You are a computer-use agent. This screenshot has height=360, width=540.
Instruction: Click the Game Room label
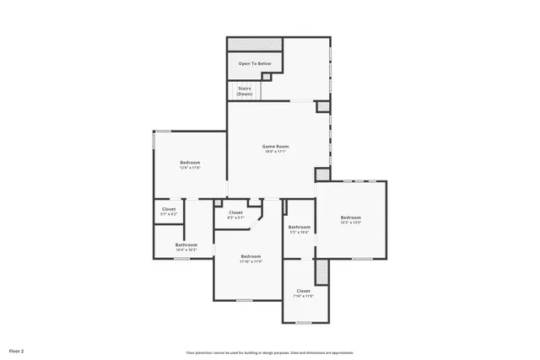pos(276,147)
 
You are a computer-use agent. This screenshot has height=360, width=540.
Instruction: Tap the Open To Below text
pos(254,64)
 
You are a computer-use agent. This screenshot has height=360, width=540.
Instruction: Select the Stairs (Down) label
pos(244,90)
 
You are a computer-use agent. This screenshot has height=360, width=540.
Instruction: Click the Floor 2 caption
pos(17,350)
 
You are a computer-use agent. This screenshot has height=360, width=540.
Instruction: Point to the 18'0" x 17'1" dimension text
pos(276,152)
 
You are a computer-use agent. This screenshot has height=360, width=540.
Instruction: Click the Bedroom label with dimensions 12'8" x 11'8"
pos(190,162)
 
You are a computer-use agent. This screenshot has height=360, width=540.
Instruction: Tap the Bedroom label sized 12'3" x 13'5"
pos(350,218)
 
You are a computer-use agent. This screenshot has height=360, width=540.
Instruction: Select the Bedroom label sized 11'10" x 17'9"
pos(251,255)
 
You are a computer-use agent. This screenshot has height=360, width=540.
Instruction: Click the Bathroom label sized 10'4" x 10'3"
pos(186,244)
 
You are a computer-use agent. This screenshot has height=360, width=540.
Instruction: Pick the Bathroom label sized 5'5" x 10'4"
pos(300,227)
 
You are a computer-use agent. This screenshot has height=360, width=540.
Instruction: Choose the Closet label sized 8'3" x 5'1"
pos(235,212)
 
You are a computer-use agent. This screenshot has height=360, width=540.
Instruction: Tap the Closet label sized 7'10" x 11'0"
pos(303,291)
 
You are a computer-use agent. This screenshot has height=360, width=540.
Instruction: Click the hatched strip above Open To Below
pos(254,44)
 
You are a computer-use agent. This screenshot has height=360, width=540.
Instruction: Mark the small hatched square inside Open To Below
pos(267,77)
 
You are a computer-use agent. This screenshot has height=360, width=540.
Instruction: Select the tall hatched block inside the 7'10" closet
pos(321,271)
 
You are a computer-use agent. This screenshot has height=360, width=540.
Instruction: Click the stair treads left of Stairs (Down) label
pos(231,90)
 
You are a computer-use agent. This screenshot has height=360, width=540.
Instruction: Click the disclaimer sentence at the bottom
pos(269,352)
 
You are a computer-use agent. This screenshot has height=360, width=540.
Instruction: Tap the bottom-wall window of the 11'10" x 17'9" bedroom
pos(245,300)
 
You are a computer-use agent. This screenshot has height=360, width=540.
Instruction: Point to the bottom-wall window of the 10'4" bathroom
pos(181,259)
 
